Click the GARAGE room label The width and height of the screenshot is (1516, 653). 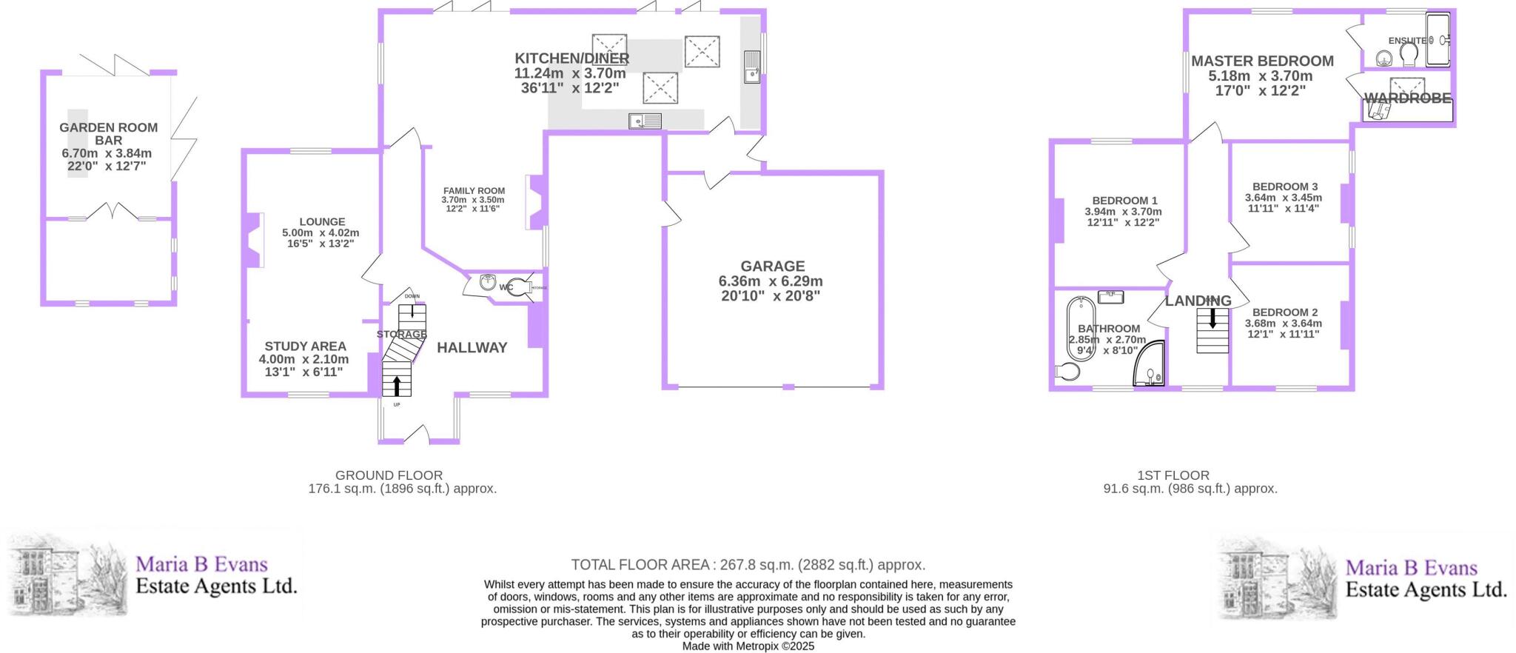tap(772, 266)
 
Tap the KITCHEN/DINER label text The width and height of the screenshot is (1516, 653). tap(571, 58)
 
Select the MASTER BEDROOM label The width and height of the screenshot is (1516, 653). tap(1262, 61)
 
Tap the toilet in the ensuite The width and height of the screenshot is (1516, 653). tap(1408, 54)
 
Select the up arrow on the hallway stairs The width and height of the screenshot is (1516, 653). tap(396, 384)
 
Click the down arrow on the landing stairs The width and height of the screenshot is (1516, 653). tap(1213, 319)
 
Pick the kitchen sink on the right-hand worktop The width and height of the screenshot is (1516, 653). tap(753, 67)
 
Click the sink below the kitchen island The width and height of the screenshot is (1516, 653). tap(645, 121)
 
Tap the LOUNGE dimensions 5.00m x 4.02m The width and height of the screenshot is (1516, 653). tap(321, 232)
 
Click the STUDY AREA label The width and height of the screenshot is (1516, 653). tap(305, 346)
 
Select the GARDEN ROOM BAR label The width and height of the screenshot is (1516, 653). tap(108, 133)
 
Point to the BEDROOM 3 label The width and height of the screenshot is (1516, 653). tap(1284, 187)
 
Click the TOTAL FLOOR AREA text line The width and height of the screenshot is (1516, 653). tap(748, 565)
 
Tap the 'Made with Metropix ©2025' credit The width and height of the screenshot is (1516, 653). tap(748, 646)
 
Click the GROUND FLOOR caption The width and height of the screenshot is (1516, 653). tap(389, 475)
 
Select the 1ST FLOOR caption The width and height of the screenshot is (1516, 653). tap(1173, 475)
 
